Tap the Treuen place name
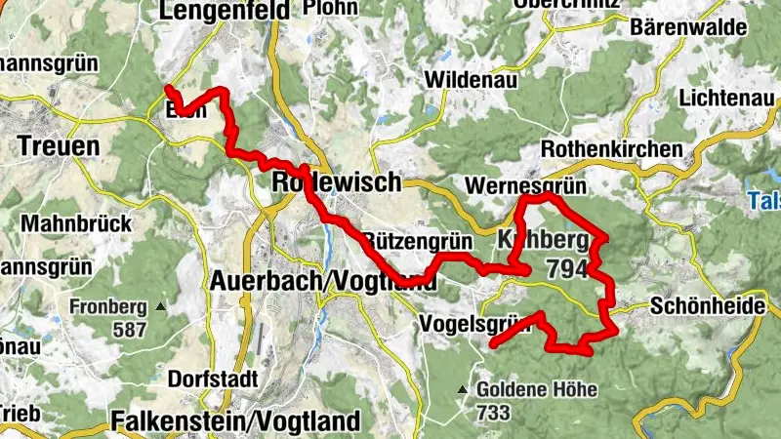pos(59,146)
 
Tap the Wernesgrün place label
pos(517,184)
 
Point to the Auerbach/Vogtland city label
pos(322,281)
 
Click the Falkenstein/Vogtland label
pos(235,420)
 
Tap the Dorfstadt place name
pos(213,379)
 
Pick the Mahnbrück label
pos(76,223)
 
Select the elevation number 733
pos(494,413)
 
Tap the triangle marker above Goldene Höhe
pos(463,390)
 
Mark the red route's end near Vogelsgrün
pos(493,344)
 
